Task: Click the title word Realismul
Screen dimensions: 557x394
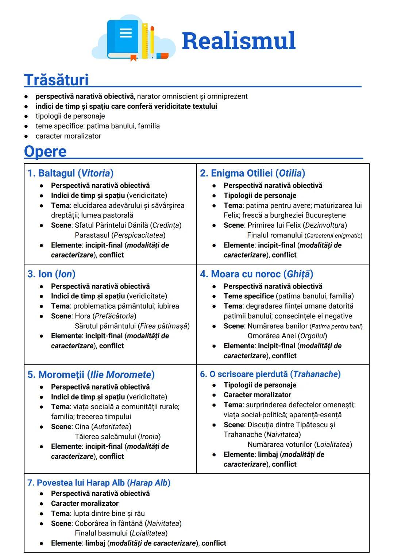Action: [239, 40]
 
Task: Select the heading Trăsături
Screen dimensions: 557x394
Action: [56, 80]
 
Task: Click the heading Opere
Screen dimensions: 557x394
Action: [45, 151]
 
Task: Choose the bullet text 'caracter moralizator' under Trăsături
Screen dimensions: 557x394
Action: [68, 136]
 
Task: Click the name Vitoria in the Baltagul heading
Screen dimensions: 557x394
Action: [96, 173]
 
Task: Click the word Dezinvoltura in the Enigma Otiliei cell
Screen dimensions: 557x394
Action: [326, 225]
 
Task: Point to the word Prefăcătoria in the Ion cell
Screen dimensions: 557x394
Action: [115, 316]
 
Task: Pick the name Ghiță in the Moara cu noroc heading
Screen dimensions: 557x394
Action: [300, 274]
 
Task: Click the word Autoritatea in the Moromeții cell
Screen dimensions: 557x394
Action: [111, 426]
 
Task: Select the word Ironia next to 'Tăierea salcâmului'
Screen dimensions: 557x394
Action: [149, 437]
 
